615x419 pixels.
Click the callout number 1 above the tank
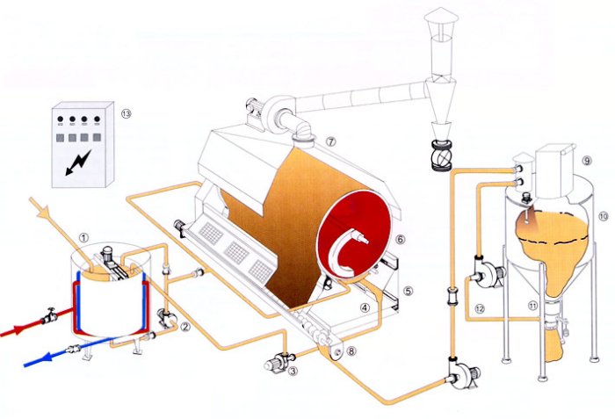83,236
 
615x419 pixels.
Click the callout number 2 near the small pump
185,327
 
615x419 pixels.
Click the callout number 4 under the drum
365,307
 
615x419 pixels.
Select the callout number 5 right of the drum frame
407,289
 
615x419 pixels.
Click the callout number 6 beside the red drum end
400,238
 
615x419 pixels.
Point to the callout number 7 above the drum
331,141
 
